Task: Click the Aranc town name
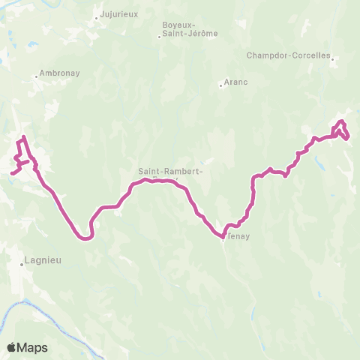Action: pyautogui.click(x=237, y=83)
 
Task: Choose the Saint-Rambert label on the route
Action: pyautogui.click(x=170, y=172)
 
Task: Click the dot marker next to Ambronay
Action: pyautogui.click(x=36, y=75)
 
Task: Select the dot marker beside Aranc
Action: pyautogui.click(x=220, y=85)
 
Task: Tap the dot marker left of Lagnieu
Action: pyautogui.click(x=22, y=264)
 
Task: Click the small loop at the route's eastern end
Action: pyautogui.click(x=341, y=128)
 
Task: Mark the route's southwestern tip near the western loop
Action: pyautogui.click(x=11, y=173)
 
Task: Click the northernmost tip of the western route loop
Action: pyautogui.click(x=24, y=137)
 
